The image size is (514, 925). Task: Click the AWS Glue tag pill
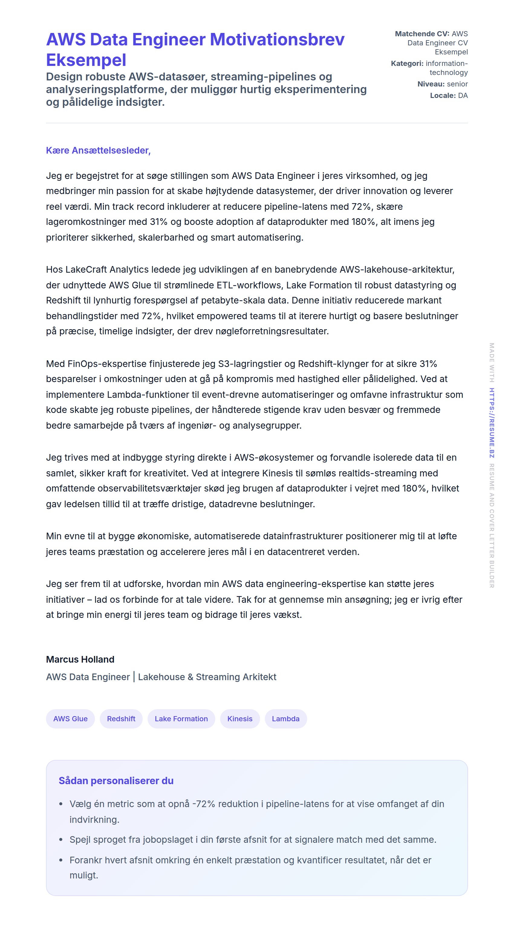tap(70, 719)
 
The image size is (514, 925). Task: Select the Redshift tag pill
tap(121, 719)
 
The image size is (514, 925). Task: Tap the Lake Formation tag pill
tap(181, 719)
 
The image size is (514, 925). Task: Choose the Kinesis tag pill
tap(239, 719)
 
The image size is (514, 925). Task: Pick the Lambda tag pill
tap(285, 719)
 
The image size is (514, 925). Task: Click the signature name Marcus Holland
tap(80, 659)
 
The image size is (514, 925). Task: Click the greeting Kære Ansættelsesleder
tap(98, 151)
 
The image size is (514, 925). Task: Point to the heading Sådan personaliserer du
tap(116, 781)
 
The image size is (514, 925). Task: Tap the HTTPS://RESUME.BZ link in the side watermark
tap(491, 423)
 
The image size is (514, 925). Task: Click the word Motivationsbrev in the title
tap(277, 40)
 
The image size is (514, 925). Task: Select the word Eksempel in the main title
tap(86, 60)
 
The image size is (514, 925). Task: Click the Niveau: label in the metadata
tap(431, 84)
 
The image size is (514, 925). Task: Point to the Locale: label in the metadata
tap(443, 96)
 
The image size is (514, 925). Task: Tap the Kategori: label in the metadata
tap(407, 63)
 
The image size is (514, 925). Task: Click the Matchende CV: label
tap(422, 34)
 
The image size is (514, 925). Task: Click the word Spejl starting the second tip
tap(80, 839)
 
